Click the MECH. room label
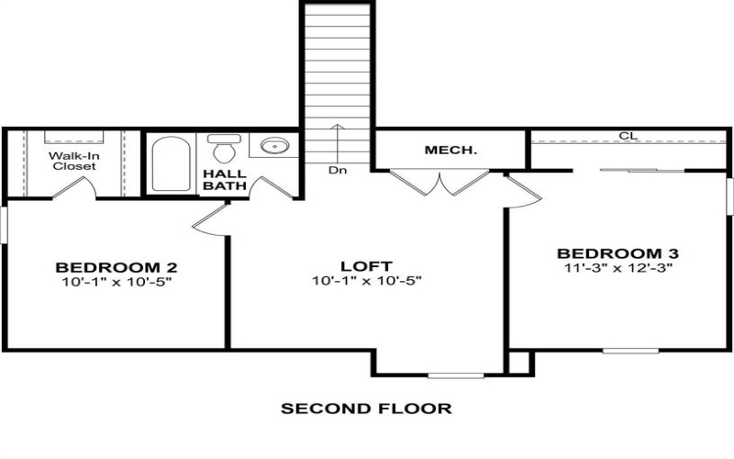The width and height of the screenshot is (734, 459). [x=450, y=150]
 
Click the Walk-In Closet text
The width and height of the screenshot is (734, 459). [x=74, y=161]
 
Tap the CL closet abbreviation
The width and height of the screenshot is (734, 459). [x=628, y=136]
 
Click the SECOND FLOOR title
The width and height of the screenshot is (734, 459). [x=366, y=409]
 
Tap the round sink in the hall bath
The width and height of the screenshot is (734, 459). [x=272, y=146]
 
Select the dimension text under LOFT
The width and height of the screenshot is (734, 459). [x=367, y=281]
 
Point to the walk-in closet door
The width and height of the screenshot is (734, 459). [x=74, y=187]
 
